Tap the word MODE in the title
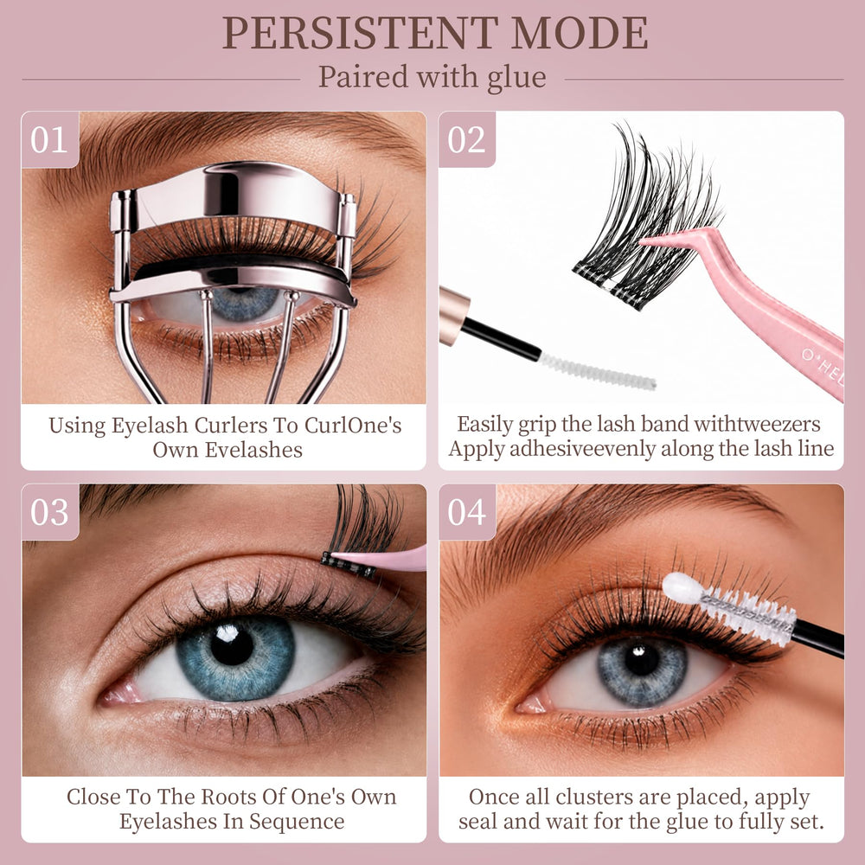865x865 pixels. click(580, 33)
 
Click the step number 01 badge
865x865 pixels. click(49, 139)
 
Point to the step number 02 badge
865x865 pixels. click(467, 139)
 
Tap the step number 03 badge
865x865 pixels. click(49, 512)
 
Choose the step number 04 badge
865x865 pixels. click(467, 512)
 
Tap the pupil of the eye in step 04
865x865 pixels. click(642, 659)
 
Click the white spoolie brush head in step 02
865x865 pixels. click(597, 371)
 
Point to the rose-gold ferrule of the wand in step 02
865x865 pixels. click(455, 316)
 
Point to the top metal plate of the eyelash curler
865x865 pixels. click(232, 193)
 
